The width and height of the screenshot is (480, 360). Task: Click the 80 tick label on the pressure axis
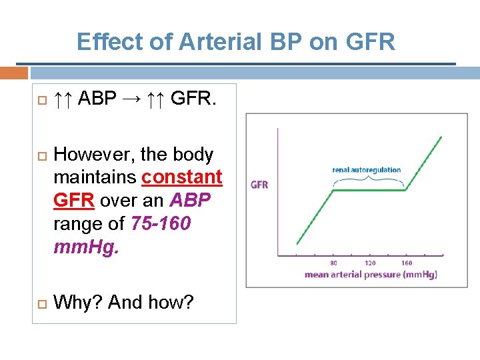[333, 263]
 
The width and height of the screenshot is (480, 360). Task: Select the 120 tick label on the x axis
[370, 263]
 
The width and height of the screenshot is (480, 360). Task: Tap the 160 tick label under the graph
[407, 263]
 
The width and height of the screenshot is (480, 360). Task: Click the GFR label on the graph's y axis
[259, 185]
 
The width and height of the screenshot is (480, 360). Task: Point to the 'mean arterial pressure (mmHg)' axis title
[371, 274]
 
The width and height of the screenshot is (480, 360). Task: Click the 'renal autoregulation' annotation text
[367, 169]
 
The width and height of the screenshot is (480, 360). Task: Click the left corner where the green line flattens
[334, 190]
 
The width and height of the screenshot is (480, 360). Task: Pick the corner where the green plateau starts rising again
[407, 190]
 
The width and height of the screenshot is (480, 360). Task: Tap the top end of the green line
[441, 137]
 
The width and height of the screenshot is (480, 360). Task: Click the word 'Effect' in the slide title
[107, 42]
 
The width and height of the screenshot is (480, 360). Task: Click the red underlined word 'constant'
[181, 177]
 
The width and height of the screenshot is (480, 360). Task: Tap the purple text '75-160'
[161, 223]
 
